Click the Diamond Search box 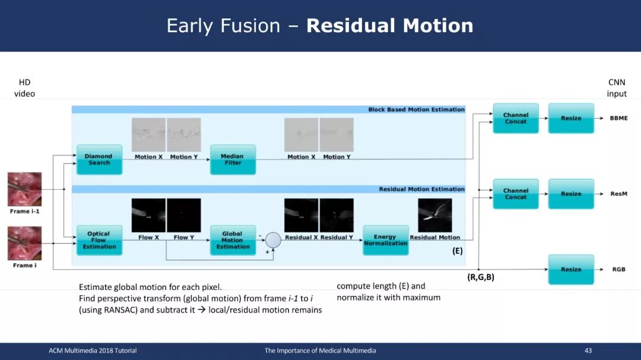(x=99, y=160)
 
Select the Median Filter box (x=233, y=160)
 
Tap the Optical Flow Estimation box (x=99, y=240)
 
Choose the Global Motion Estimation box (x=233, y=240)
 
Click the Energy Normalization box (x=386, y=240)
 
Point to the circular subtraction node (x=273, y=240)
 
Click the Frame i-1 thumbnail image (x=24, y=189)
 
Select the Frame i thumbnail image (x=24, y=244)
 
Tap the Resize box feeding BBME (x=571, y=118)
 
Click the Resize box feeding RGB (x=571, y=269)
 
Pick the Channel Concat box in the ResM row (x=516, y=194)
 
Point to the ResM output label (x=618, y=194)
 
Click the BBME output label (x=618, y=118)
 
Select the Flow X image (x=148, y=215)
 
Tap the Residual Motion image (x=435, y=215)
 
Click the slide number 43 (x=588, y=351)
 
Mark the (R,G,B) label (x=481, y=277)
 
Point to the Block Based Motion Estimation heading (x=416, y=110)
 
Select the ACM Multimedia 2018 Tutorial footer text (x=93, y=351)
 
